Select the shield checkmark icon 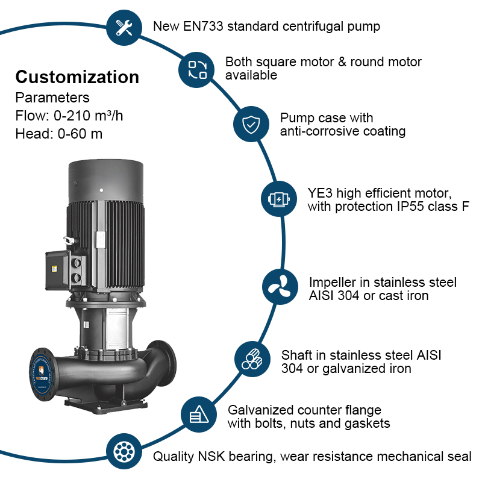click(x=250, y=125)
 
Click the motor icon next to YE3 click(x=278, y=199)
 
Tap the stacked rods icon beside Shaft click(x=252, y=359)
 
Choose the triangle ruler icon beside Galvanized click(x=199, y=414)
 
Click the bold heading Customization click(x=77, y=77)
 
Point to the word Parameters click(x=52, y=98)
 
